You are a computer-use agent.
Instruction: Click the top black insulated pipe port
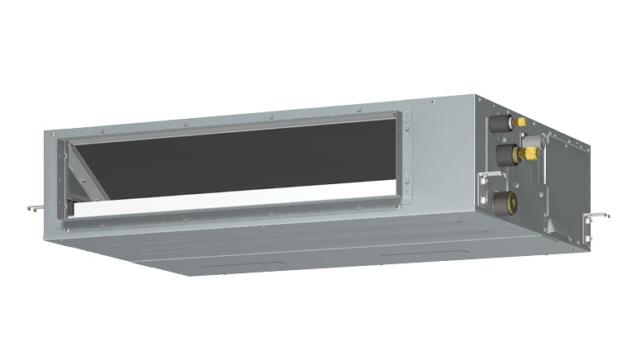[498, 125]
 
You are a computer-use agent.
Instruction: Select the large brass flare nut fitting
[531, 154]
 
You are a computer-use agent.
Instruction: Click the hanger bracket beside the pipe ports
[491, 178]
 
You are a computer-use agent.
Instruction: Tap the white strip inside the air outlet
[231, 201]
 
